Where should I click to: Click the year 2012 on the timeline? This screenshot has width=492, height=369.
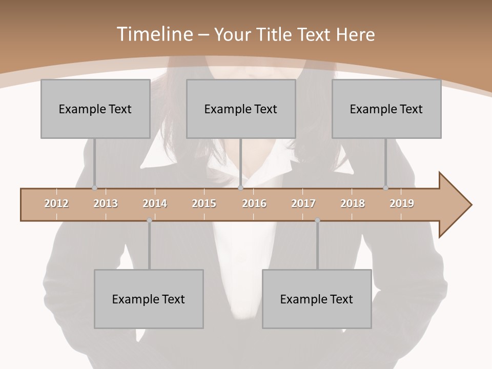(56, 203)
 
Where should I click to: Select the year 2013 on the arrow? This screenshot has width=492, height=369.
(106, 203)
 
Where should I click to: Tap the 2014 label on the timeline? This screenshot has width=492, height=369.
(155, 203)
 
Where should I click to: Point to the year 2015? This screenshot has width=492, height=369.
(204, 203)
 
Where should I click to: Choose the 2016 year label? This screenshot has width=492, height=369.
(254, 203)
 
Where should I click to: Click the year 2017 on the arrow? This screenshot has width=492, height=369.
(303, 203)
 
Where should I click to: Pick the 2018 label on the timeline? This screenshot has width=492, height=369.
(353, 203)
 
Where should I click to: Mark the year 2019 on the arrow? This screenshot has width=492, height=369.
(402, 203)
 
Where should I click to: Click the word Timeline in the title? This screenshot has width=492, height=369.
(154, 34)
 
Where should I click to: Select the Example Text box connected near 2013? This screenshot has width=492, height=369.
(95, 109)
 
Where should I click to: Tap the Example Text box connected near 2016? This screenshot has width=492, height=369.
(241, 109)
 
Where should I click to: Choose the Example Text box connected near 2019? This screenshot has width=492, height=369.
(386, 109)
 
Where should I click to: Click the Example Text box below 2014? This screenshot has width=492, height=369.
(149, 299)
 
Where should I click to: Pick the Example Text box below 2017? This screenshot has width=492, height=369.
(317, 299)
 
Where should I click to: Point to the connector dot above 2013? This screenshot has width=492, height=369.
(94, 188)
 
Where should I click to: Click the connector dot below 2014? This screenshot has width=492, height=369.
(149, 220)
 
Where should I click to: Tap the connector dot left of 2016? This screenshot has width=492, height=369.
(241, 188)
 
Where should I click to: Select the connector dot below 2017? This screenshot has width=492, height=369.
(317, 220)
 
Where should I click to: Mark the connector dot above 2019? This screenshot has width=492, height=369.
(386, 188)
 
